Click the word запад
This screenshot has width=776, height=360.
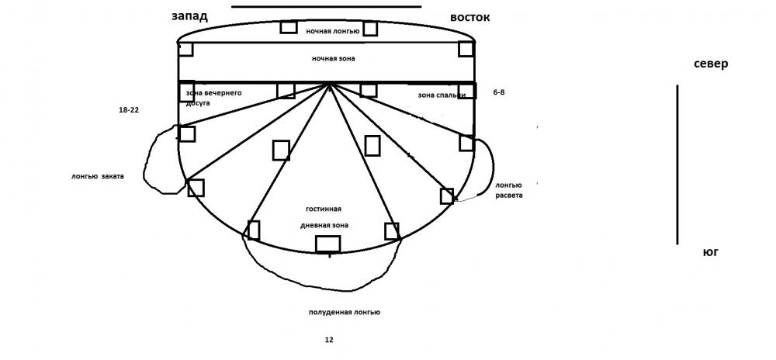pyautogui.click(x=190, y=16)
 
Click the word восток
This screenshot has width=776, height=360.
pyautogui.click(x=470, y=17)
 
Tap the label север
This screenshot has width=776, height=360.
pyautogui.click(x=711, y=64)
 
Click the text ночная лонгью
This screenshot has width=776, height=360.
pyautogui.click(x=332, y=31)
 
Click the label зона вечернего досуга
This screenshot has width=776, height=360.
pyautogui.click(x=214, y=97)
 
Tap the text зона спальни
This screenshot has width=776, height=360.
pyautogui.click(x=442, y=95)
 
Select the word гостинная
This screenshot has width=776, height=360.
pyautogui.click(x=324, y=209)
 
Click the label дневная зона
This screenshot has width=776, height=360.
pyautogui.click(x=324, y=225)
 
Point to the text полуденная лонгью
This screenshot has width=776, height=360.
pyautogui.click(x=344, y=312)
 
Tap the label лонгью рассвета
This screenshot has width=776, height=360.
pyautogui.click(x=509, y=190)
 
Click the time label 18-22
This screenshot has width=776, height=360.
pyautogui.click(x=129, y=111)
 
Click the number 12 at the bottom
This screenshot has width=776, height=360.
pyautogui.click(x=329, y=340)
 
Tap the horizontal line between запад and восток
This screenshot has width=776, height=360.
pyautogui.click(x=326, y=7)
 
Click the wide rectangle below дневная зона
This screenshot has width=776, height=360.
pyautogui.click(x=327, y=244)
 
